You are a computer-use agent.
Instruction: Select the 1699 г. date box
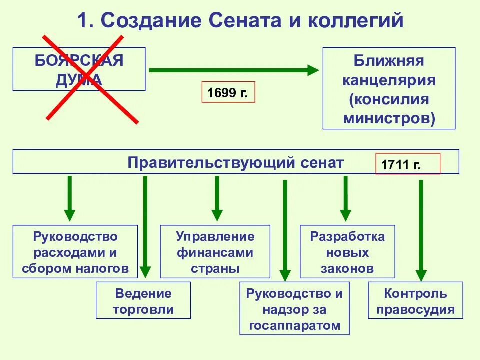[228, 92]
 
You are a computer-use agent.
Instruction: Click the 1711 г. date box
[408, 163]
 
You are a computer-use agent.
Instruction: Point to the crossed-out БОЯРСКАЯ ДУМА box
[79, 69]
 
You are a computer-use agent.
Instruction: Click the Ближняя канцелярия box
[389, 88]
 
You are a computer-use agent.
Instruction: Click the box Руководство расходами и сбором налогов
[75, 252]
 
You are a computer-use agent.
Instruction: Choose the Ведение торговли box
[143, 300]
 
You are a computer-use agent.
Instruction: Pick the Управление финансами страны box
[215, 252]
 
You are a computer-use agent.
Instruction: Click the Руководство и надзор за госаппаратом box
[294, 309]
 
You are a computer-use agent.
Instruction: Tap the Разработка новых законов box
[347, 252]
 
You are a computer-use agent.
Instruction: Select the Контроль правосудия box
[415, 301]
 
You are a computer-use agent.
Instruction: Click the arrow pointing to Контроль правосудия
[421, 230]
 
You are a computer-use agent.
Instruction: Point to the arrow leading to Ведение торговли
[145, 225]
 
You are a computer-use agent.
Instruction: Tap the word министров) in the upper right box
[389, 119]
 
